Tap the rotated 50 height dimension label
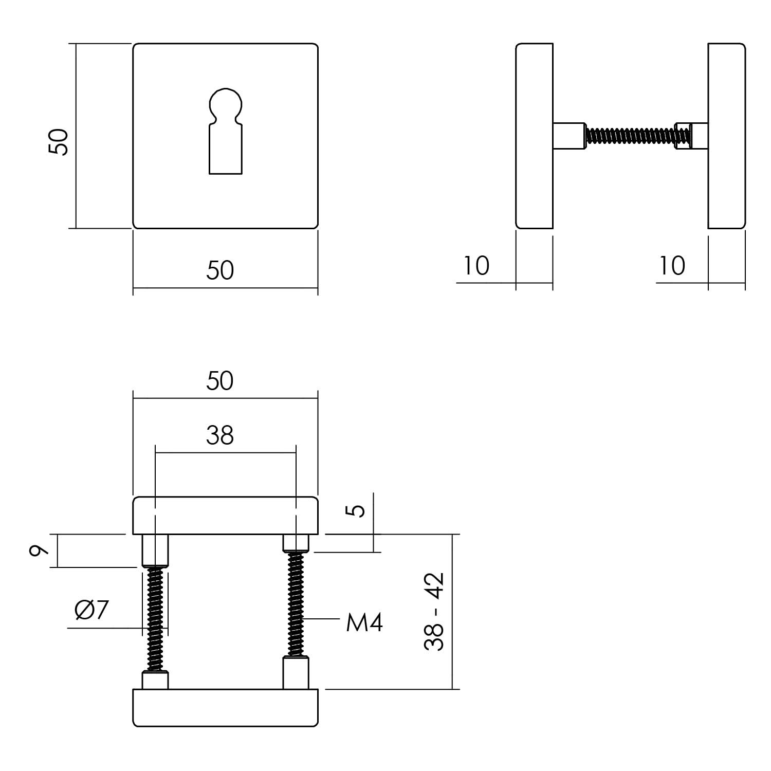(59, 142)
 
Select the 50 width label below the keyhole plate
(220, 270)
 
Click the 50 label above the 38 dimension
(220, 381)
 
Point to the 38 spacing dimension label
(220, 435)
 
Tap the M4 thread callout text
(364, 623)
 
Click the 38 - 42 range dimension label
(435, 612)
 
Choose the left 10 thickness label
(476, 266)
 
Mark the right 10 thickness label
(672, 266)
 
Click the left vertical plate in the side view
(534, 136)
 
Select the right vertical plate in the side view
(726, 136)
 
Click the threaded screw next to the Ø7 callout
(155, 619)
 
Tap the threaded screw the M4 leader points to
(296, 604)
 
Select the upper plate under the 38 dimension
(225, 516)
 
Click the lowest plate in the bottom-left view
(225, 708)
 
